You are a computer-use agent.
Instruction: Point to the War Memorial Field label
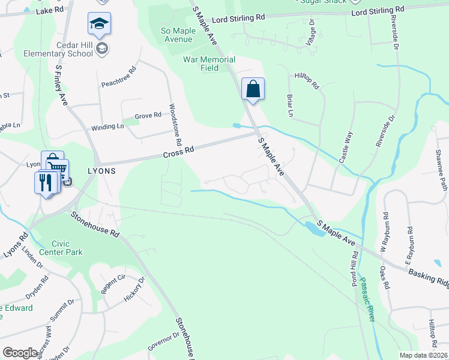point(209,64)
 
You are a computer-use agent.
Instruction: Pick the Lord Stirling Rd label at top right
point(377,12)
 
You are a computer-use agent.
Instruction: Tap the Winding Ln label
point(107,127)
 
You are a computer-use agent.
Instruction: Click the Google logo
point(20,352)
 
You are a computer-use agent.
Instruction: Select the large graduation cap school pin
point(99,25)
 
